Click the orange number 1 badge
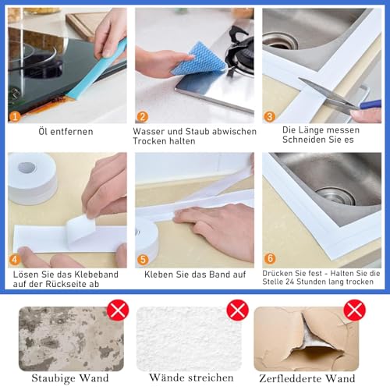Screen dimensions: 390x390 tap(15, 115)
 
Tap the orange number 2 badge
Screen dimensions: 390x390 tap(143, 115)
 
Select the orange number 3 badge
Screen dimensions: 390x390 tap(269, 115)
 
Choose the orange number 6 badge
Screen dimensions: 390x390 tap(269, 258)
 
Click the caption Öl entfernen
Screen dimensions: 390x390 tap(66, 132)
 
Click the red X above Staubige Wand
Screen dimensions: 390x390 tap(118, 310)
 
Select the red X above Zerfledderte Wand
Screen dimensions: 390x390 tap(355, 310)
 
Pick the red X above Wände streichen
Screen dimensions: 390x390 tap(237, 310)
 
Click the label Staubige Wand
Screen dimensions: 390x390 tap(70, 378)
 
